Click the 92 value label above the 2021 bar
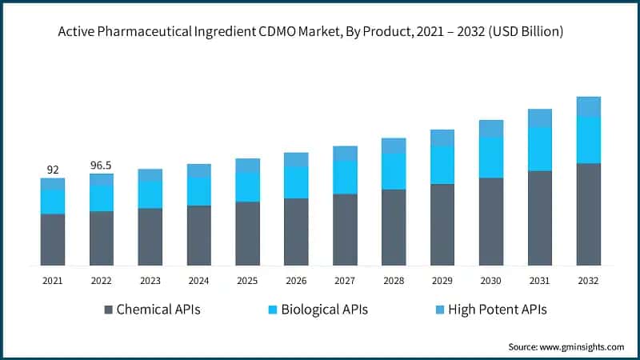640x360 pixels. [x=52, y=170]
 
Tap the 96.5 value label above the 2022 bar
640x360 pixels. [x=101, y=166]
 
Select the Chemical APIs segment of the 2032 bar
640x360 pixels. [x=588, y=214]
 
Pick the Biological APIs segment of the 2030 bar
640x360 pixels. [x=491, y=158]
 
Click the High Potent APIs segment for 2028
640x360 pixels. [x=394, y=146]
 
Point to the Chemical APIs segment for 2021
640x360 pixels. [x=53, y=239]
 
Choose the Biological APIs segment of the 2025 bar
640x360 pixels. [x=247, y=187]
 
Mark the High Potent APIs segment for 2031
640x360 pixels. [x=540, y=118]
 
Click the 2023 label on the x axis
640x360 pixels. [x=150, y=281]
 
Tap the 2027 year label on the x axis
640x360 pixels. [x=345, y=281]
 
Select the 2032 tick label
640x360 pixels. [x=588, y=281]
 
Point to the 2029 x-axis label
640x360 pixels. [x=442, y=281]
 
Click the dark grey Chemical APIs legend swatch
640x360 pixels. [x=109, y=309]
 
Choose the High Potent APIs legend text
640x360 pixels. [x=497, y=309]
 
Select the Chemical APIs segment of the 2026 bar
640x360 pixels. [x=296, y=231]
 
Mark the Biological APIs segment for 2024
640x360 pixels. [x=198, y=191]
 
